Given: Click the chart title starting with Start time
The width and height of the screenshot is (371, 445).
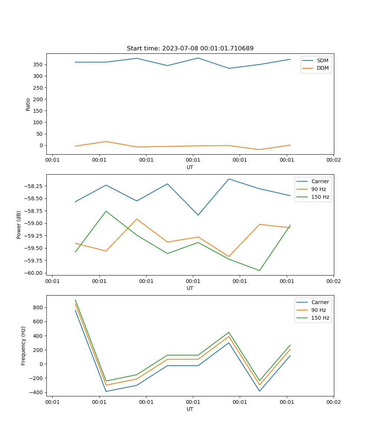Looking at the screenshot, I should point(190,49).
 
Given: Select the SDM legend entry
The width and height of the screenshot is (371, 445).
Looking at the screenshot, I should point(322,60).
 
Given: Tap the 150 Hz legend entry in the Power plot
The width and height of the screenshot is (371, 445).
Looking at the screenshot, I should point(320,197).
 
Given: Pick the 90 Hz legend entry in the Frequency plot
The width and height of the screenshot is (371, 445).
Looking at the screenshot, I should point(318,310).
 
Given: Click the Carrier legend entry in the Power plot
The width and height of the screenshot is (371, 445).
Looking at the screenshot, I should point(320,181).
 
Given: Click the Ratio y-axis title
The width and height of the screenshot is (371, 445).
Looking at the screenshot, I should point(28,104).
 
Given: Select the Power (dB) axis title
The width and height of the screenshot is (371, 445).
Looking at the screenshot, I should point(19,225).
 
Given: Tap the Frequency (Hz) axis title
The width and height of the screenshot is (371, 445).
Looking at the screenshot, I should point(23,346).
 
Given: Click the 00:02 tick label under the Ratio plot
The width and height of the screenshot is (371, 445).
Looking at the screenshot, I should point(333,160).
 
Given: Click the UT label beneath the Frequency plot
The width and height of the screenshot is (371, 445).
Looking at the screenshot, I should point(190,409).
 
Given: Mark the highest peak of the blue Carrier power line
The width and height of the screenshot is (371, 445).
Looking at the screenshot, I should point(229,179).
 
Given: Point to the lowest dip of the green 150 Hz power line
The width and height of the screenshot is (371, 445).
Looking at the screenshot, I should point(259,270).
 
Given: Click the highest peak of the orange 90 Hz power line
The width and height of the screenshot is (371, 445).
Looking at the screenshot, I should point(137,219).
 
